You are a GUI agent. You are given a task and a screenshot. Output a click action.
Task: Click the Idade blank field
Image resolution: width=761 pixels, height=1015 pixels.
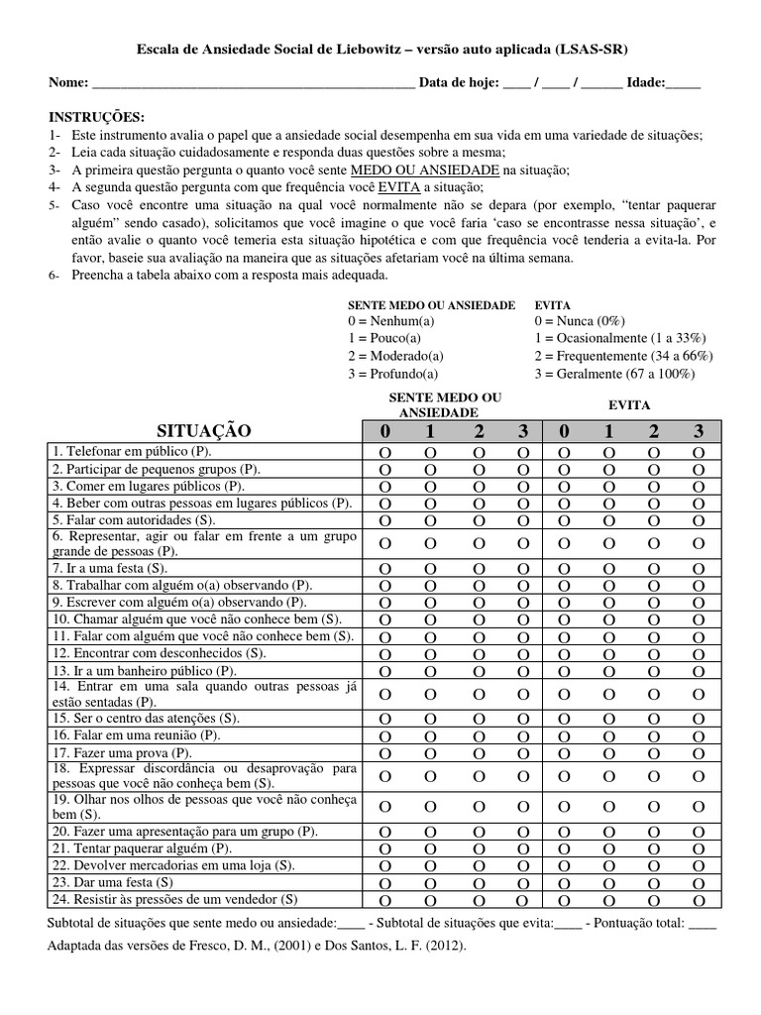coord(684,84)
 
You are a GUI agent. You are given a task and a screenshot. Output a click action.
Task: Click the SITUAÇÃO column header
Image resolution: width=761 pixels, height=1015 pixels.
coord(203,431)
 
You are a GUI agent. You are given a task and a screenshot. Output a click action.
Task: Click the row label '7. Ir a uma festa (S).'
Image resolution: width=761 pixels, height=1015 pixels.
coord(110,569)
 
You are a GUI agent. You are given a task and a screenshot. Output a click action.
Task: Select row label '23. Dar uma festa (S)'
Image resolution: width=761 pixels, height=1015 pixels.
coord(113,881)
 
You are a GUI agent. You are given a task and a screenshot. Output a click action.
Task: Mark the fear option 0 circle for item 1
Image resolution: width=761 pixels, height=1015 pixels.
coord(384,453)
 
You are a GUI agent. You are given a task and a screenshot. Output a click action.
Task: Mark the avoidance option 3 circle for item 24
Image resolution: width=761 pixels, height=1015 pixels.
coord(699,900)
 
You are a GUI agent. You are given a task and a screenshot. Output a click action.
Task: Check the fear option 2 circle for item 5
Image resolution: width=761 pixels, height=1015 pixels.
coord(479,520)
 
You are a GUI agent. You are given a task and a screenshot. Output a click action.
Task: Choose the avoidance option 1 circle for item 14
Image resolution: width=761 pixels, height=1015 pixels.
coord(608,695)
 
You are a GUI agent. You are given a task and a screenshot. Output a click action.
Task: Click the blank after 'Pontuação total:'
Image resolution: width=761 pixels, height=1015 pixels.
coord(701,924)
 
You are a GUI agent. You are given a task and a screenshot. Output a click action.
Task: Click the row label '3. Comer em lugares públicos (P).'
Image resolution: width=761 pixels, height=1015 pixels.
coord(148,486)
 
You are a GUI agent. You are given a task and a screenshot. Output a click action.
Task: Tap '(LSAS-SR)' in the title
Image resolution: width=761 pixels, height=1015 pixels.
coord(592,49)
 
